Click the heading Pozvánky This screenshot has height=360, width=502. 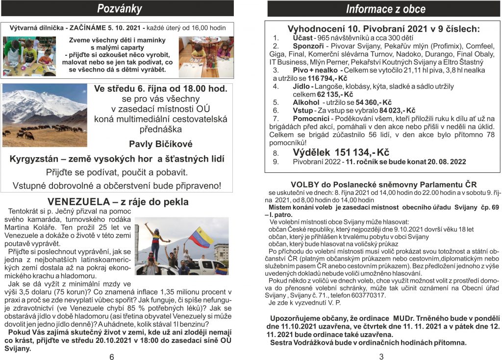[119, 8]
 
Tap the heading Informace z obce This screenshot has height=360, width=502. [385, 9]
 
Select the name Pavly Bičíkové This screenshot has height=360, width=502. [161, 144]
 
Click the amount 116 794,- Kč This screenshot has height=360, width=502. [326, 78]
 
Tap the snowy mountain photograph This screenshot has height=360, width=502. [45, 115]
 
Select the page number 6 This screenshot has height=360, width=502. [112, 356]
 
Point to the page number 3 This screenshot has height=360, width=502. [381, 356]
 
